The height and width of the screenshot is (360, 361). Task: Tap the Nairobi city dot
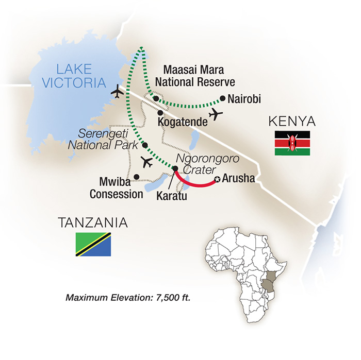(x=222, y=98)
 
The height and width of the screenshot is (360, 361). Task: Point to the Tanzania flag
(x=93, y=245)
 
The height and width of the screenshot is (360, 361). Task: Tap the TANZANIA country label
(x=93, y=223)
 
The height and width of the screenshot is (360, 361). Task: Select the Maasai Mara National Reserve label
(x=199, y=75)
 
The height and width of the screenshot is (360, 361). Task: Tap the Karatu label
(x=171, y=196)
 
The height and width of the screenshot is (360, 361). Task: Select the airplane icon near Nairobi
(x=216, y=114)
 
